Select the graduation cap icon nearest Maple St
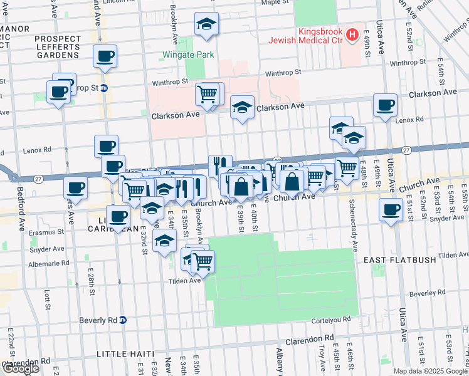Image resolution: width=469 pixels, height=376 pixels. point(206,24)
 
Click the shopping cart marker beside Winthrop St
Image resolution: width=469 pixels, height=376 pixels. point(208,95)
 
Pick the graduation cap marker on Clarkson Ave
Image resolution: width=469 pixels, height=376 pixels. point(242,107)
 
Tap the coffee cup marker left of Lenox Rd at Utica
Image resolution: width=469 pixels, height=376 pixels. point(385,105)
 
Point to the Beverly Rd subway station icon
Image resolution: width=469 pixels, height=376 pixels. point(123,320)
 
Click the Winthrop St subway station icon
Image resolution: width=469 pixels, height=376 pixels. point(104,88)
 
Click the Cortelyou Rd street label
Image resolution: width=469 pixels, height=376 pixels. point(332,320)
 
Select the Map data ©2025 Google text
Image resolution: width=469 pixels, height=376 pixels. point(430,371)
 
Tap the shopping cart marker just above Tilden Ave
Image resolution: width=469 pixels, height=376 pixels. point(202,262)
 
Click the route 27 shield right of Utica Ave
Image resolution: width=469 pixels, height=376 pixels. point(406,150)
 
